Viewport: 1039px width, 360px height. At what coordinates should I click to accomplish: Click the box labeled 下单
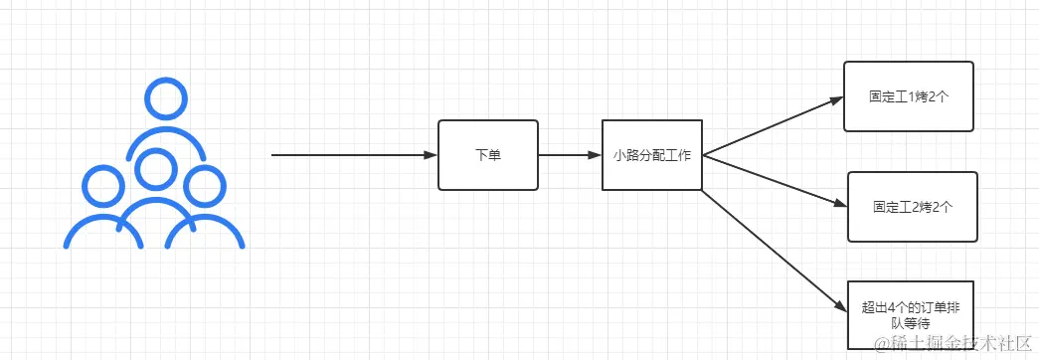[487, 155]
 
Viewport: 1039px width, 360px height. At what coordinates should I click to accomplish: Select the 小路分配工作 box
[652, 155]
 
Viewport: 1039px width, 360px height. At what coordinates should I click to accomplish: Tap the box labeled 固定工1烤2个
[908, 96]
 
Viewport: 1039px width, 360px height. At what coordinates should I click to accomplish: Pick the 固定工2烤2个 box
[912, 207]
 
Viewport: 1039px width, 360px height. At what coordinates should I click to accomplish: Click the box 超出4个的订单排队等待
[911, 314]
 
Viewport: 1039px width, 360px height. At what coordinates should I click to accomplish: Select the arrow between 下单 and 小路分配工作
[570, 155]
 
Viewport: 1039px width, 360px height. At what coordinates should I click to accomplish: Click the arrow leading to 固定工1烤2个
[771, 126]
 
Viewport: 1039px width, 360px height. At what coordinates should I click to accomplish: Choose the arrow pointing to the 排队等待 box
[771, 250]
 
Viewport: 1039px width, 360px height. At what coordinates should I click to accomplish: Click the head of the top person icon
[164, 97]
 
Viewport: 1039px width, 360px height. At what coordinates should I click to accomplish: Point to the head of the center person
[154, 169]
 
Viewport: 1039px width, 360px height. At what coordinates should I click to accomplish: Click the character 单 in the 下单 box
[494, 155]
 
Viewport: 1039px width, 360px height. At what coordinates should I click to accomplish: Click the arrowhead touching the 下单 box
[431, 155]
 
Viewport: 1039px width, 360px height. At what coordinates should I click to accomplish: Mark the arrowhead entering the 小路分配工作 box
[595, 155]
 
